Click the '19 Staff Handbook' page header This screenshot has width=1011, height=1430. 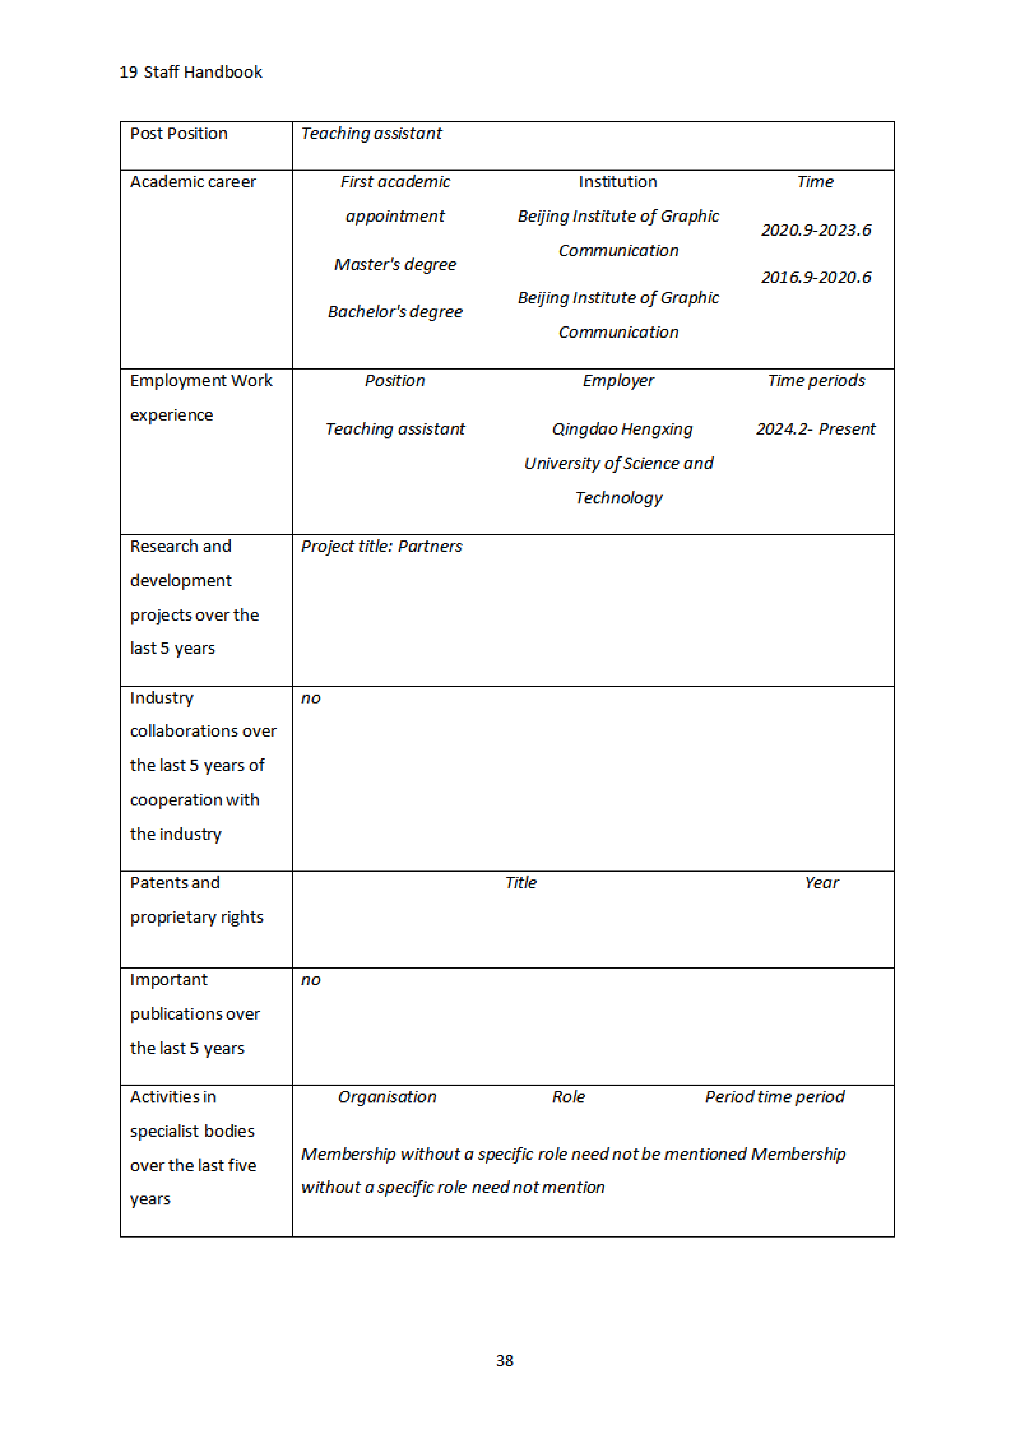pos(191,72)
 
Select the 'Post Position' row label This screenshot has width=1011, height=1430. pos(179,133)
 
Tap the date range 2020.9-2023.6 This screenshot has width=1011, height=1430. pos(816,230)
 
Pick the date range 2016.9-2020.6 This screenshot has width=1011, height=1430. pos(816,277)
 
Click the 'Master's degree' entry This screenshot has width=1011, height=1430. pos(395,265)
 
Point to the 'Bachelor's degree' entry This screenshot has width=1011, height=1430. pos(395,311)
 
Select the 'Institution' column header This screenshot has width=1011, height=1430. pos(617,182)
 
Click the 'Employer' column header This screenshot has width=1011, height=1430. pos(618,380)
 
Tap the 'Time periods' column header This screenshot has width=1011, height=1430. pos(816,380)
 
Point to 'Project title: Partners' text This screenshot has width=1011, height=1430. pos(381,546)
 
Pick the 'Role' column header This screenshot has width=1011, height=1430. pos(568,1097)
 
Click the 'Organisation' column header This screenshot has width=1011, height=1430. pos(387,1097)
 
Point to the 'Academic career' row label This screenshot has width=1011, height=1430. pos(193,182)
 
